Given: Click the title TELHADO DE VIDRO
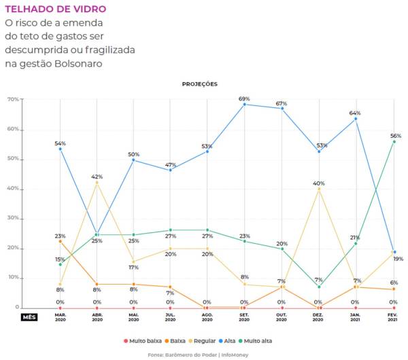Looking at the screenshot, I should coord(55,10).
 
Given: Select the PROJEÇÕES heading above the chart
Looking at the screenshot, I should coord(199,84).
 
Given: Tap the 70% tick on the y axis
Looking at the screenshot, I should coord(13,99).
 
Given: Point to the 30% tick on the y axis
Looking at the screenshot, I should coord(13,218).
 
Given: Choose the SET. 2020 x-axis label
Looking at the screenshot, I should coord(244,317).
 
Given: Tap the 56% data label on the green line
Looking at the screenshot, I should coord(394,136).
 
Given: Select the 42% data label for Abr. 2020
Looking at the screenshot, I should coord(97,177).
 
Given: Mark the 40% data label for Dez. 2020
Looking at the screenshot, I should coord(318,183).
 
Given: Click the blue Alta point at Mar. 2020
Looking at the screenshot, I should coord(60,149).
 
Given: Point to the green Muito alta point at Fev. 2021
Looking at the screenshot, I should coord(394,141).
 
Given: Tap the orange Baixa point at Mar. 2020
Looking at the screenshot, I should coord(60,241).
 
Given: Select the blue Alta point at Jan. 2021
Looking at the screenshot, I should coord(356,119).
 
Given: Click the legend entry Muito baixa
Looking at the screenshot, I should coord(145,340).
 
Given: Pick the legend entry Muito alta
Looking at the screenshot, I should coord(263,340).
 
